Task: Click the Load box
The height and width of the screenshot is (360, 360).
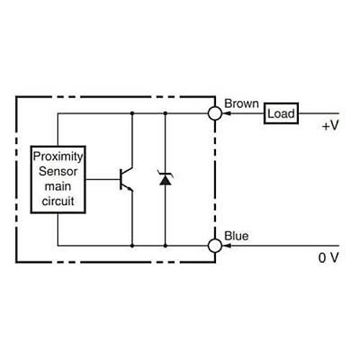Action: (281, 114)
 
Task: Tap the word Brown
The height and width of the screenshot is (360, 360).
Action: (240, 104)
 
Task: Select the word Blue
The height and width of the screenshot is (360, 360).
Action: (237, 235)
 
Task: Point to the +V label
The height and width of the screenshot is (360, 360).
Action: (329, 125)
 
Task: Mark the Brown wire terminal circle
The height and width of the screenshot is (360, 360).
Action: (214, 113)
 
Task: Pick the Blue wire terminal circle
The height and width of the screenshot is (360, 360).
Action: (214, 246)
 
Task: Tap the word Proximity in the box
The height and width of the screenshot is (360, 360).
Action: (58, 156)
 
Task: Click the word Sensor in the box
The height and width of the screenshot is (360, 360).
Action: (58, 171)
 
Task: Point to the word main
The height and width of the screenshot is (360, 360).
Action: (58, 186)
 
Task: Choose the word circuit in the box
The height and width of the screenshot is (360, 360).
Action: (58, 201)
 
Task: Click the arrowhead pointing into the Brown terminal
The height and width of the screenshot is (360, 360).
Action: (225, 113)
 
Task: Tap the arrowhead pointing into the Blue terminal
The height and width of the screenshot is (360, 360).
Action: (225, 246)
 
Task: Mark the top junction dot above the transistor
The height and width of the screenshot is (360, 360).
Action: (132, 113)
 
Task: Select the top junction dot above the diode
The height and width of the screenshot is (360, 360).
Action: (165, 113)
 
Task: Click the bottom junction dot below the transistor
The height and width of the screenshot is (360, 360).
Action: (132, 246)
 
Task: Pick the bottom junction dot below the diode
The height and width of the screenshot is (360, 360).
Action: (165, 246)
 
